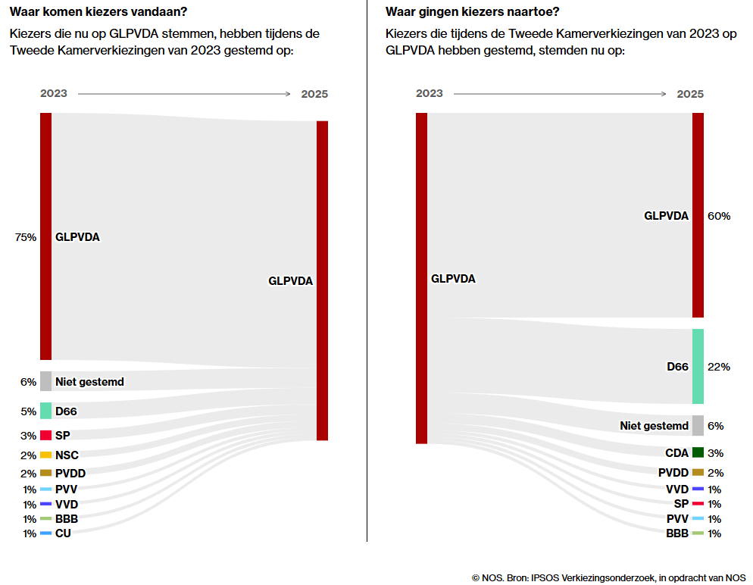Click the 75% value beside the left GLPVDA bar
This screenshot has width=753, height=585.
tap(25, 237)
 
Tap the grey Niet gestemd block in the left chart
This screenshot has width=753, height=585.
tap(45, 381)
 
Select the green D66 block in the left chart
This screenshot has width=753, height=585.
tap(45, 411)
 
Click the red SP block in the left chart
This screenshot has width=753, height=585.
tap(45, 435)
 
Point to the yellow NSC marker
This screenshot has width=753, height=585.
tap(45, 455)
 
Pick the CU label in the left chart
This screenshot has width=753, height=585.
tap(63, 533)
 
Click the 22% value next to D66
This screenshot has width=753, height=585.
tap(718, 367)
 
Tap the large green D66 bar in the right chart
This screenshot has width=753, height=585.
tap(698, 366)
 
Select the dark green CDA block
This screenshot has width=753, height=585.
tap(698, 453)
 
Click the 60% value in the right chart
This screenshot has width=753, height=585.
tap(718, 216)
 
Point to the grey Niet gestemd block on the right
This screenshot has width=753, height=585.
tap(698, 426)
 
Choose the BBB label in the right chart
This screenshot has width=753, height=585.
tap(677, 533)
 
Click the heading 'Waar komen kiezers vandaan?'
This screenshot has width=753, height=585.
tap(98, 11)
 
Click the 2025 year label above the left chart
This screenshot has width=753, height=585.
tap(314, 94)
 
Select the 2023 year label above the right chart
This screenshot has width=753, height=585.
tap(430, 93)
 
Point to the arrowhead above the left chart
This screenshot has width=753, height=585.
tap(287, 94)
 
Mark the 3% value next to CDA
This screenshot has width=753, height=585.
tap(715, 453)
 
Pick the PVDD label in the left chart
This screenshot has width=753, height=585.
tap(70, 473)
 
